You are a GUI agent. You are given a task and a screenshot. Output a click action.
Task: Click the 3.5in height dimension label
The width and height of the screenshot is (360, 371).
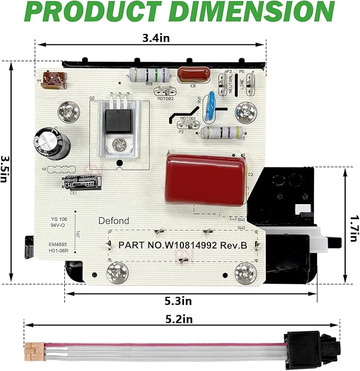[x=6, y=169]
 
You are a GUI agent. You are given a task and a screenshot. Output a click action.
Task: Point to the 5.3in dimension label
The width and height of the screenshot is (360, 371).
[x=178, y=301]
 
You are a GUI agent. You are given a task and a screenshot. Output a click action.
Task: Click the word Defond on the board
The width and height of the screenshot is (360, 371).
[x=113, y=221]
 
